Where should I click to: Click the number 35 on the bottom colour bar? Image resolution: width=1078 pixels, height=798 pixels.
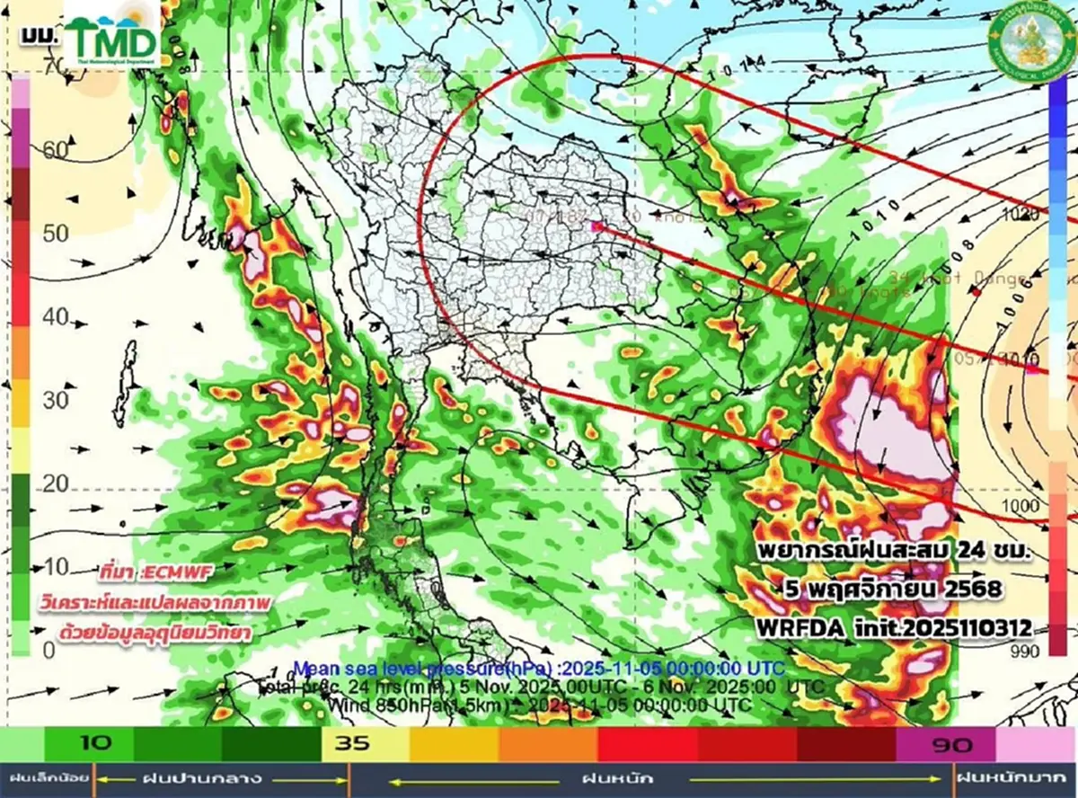pos(349,743)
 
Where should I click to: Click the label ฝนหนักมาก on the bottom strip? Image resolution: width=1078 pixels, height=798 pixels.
pos(1016,778)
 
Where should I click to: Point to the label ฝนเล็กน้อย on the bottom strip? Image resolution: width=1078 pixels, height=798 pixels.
pos(44,778)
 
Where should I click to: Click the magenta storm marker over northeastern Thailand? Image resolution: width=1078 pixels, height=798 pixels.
pos(597,227)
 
